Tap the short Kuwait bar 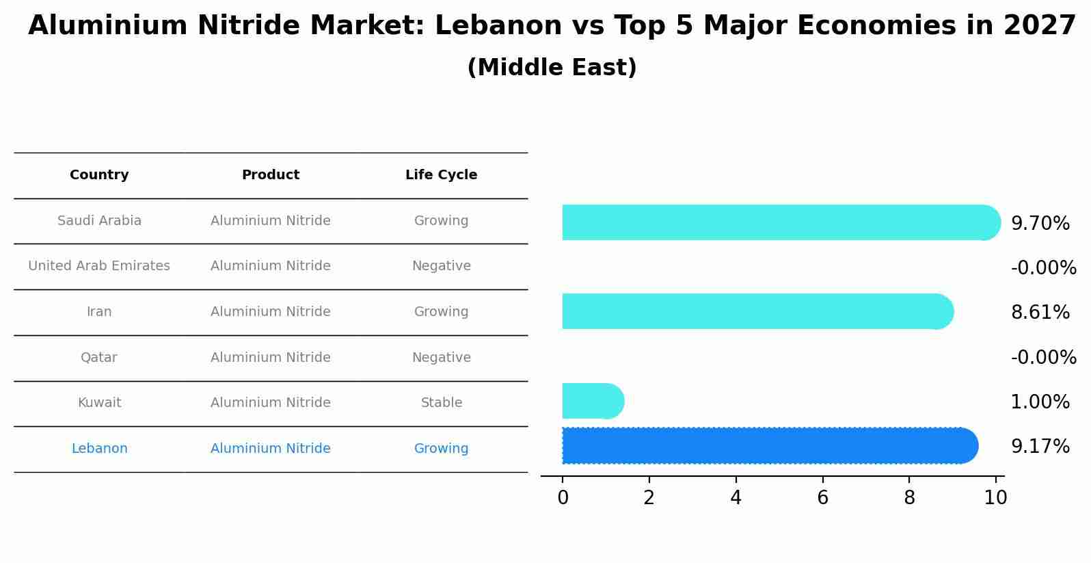coord(592,401)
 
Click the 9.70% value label coord(1040,224)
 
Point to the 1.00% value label coord(1040,402)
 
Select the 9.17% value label coord(1040,447)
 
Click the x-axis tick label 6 coord(822,498)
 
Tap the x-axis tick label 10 coord(995,498)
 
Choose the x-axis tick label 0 coord(563,498)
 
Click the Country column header coord(99,175)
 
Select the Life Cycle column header coord(441,175)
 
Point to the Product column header coord(271,175)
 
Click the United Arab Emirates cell coord(99,266)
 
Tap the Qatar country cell coord(99,358)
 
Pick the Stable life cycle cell coord(441,403)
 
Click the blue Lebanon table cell coord(99,449)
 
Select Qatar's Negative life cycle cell coord(441,358)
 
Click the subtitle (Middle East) coord(552,68)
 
